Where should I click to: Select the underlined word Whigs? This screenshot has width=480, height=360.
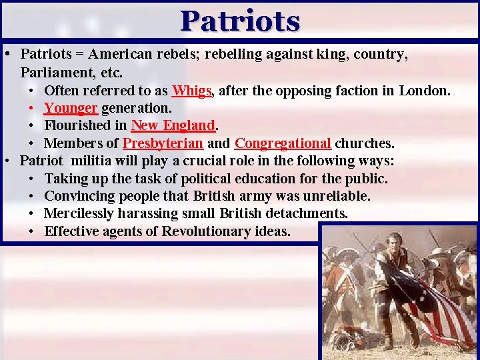point(192,91)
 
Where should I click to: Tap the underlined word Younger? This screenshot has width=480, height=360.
point(71,108)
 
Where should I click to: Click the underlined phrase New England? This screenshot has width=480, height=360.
point(173,125)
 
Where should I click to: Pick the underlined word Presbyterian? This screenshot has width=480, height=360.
point(163,143)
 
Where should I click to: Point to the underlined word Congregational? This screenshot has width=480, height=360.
point(283,143)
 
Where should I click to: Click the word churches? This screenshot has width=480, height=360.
point(364,143)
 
